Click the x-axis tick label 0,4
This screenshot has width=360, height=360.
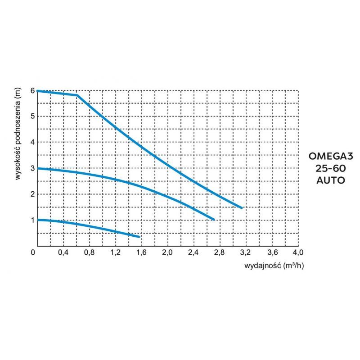coord(63,252)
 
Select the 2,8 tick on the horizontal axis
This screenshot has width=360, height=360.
coord(219,252)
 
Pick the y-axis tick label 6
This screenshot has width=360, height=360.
coord(32,90)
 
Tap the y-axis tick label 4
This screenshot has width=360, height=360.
coord(32,142)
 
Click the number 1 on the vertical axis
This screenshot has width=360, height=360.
coord(32,220)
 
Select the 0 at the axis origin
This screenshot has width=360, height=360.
coord(33,252)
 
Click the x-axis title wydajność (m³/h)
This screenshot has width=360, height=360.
coord(274,265)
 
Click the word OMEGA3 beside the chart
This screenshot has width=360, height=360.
coord(332,157)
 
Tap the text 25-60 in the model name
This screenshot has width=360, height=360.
coord(332,169)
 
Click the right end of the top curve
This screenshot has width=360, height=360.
coord(242,208)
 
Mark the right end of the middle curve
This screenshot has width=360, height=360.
coord(214,219)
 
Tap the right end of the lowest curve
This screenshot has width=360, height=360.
coord(139,237)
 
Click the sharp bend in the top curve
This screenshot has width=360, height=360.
coord(77,95)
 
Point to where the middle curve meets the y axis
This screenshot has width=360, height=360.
coord(37,168)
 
